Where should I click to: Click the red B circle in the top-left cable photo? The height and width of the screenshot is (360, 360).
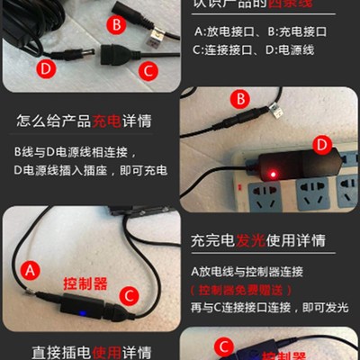pyautogui.click(x=116, y=23)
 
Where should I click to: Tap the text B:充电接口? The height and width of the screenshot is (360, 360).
pyautogui.click(x=301, y=33)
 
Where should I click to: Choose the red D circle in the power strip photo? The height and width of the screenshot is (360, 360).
pyautogui.click(x=321, y=145)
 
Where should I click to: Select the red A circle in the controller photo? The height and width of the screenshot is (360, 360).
pyautogui.click(x=30, y=269)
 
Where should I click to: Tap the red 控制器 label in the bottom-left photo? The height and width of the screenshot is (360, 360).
pyautogui.click(x=85, y=283)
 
